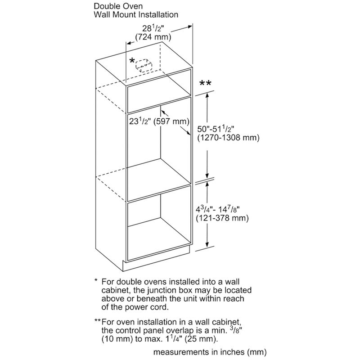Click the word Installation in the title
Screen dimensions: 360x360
[x=158, y=15]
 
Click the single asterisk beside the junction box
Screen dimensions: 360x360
[x=132, y=61]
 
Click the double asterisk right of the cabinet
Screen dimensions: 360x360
[x=205, y=84]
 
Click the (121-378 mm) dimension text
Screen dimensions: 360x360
[x=223, y=218]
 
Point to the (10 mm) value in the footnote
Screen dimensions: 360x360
[x=117, y=338]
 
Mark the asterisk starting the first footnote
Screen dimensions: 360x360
[x=96, y=281]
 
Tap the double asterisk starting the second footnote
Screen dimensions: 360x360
[x=97, y=321]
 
